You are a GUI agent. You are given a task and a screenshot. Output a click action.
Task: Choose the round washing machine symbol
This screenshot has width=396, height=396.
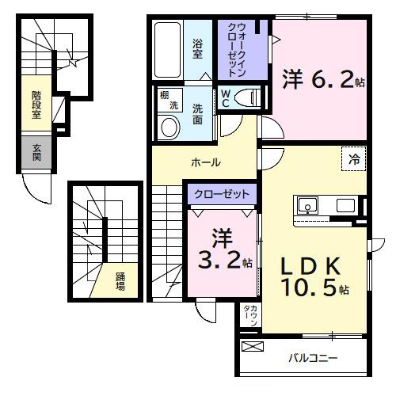coord(168,127)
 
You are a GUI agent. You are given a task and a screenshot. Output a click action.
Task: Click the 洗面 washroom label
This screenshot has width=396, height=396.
coord(198,116)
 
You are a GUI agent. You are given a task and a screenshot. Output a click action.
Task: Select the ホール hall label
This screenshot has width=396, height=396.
coord(205,162)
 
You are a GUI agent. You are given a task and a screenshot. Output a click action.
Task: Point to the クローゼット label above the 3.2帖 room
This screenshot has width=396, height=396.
coord(223,194)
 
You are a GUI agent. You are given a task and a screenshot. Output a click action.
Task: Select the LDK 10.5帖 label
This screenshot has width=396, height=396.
coord(311,276)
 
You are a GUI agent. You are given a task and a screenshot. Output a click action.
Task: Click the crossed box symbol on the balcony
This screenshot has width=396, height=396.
coord(252,347)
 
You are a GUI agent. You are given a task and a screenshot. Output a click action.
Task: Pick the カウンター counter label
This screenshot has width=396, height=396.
coord(248,319)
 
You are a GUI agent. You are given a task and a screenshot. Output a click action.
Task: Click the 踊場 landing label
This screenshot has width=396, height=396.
coord(120,281)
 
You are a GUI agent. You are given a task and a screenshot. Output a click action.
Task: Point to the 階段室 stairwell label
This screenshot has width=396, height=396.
coord(36,105)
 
